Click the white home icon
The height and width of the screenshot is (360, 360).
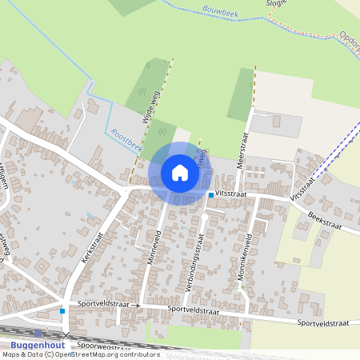tap(180, 172)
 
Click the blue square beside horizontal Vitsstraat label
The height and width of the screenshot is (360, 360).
tap(211, 194)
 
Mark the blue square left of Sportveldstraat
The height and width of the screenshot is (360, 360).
tap(62, 310)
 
